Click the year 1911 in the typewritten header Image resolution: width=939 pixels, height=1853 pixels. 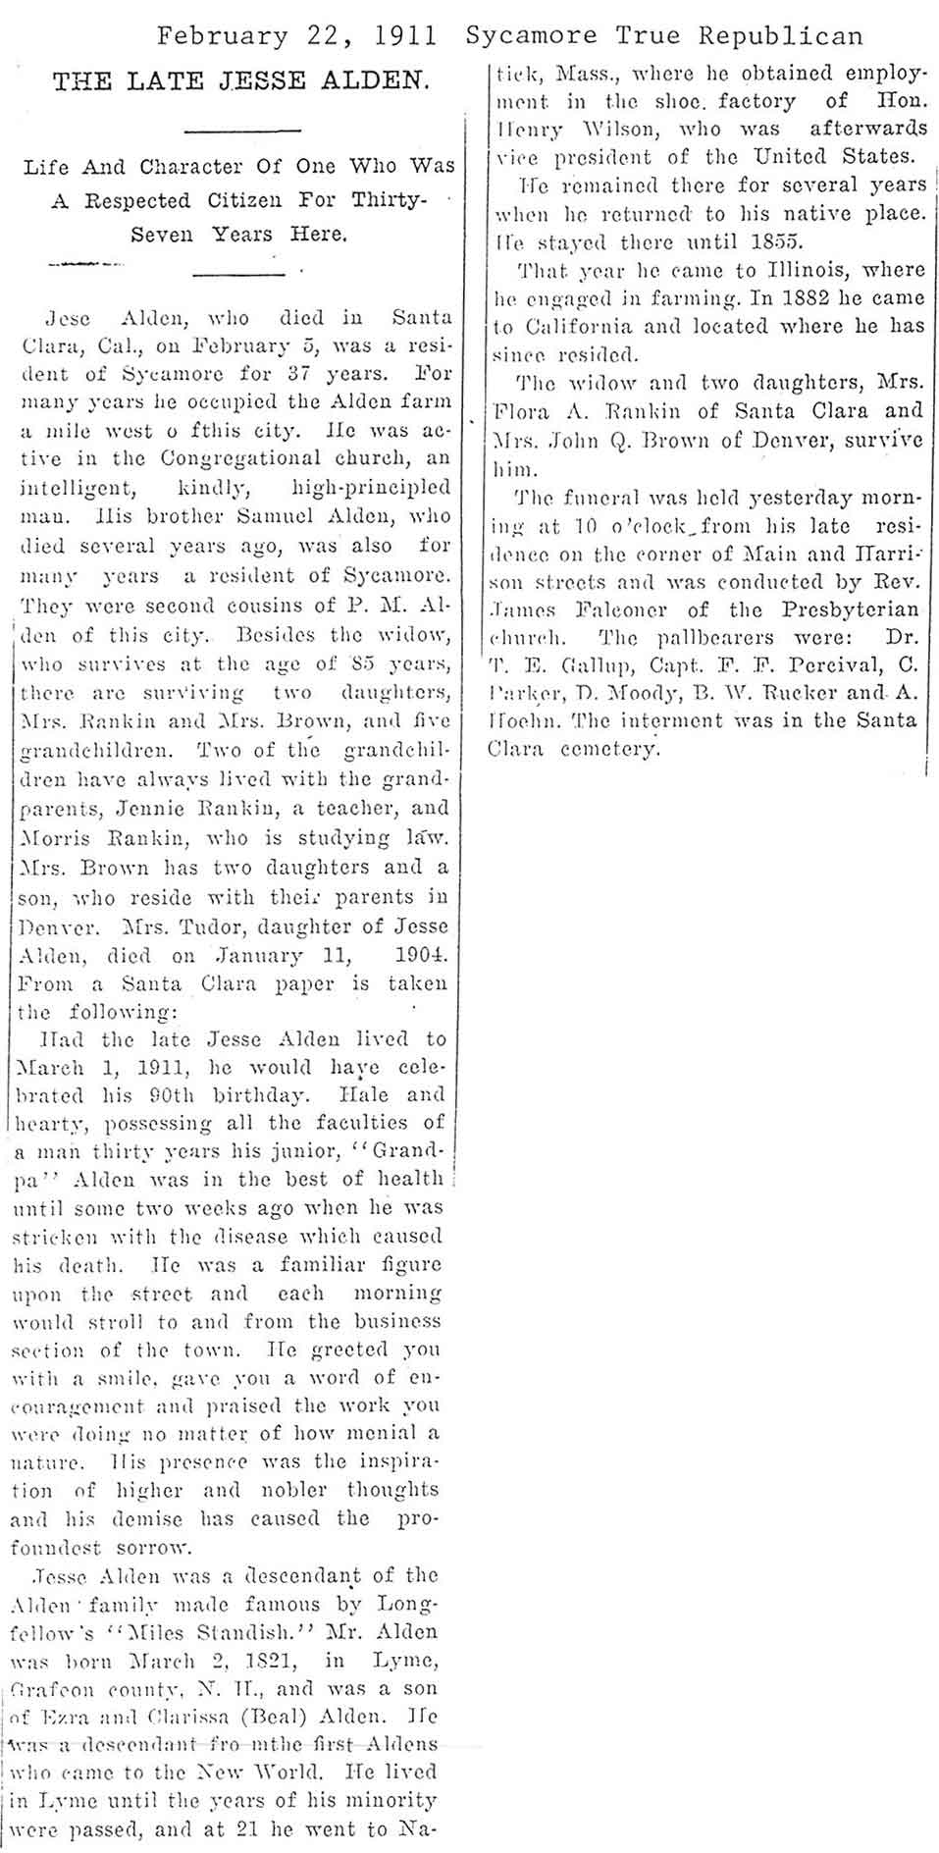(x=405, y=36)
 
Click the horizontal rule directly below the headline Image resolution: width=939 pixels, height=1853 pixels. (x=241, y=132)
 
